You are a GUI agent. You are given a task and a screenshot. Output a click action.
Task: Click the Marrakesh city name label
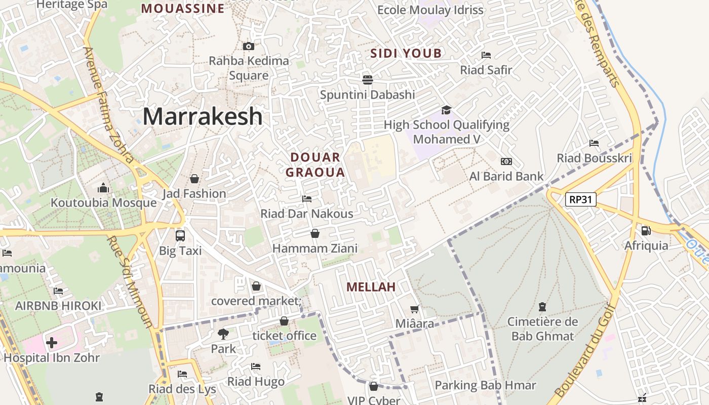pos(203,116)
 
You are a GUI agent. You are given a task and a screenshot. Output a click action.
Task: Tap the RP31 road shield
pos(580,199)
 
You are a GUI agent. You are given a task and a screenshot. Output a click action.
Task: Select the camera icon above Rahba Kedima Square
pos(249,47)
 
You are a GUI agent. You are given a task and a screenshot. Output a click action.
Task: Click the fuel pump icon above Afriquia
pos(646,230)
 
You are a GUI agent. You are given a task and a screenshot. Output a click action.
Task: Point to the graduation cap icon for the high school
pos(446,110)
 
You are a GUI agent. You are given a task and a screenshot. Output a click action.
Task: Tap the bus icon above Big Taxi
pos(180,235)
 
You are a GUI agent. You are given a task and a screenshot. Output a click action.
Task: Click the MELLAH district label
pos(371,287)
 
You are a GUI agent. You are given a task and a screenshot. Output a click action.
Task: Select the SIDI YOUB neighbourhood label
pos(406,53)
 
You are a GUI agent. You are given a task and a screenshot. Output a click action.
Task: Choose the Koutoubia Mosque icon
pos(103,188)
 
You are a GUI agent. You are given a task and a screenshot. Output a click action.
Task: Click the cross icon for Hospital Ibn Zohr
pos(51,343)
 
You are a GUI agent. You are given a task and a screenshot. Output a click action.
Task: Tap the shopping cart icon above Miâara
pos(415,309)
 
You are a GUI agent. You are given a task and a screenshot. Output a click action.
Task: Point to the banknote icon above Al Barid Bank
pos(506,161)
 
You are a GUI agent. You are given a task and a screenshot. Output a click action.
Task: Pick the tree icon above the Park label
pos(223,334)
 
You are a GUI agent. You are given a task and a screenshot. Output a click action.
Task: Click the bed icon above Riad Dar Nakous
pos(306,199)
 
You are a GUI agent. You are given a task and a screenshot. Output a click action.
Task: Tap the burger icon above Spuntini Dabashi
pos(367,79)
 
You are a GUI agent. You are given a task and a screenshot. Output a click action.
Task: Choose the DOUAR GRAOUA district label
pos(315,165)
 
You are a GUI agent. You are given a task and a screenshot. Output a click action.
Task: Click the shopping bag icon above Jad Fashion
pos(194,179)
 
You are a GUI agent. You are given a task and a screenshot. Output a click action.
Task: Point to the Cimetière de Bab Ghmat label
pos(542,329)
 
